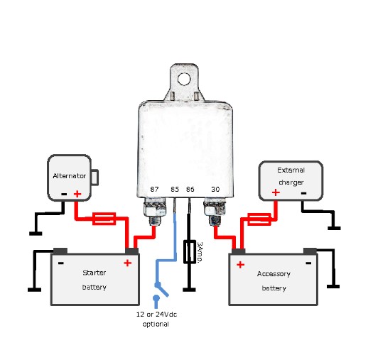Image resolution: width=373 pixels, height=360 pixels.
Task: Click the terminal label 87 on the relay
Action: click(154, 190)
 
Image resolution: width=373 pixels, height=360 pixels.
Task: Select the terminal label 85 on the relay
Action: click(175, 190)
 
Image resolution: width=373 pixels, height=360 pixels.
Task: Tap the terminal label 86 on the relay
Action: click(190, 190)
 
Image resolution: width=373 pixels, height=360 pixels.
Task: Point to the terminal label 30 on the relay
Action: click(215, 190)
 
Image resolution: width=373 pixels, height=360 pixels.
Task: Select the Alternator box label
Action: click(70, 175)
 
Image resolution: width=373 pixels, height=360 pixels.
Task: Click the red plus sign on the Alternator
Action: click(77, 193)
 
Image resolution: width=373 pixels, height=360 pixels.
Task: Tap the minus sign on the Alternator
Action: click(63, 193)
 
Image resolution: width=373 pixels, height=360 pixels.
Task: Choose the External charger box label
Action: click(290, 175)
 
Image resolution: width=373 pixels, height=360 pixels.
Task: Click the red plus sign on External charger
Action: click(275, 192)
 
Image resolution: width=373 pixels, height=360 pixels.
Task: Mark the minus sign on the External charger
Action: click(303, 192)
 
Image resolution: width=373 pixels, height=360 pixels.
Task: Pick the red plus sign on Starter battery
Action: click(127, 263)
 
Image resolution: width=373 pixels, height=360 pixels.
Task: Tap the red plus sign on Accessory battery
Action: click(240, 265)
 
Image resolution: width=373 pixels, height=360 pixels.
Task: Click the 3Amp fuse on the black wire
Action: click(190, 252)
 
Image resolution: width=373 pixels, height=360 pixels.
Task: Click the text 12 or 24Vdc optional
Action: click(156, 319)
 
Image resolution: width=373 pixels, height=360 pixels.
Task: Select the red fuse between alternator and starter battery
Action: click(106, 217)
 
